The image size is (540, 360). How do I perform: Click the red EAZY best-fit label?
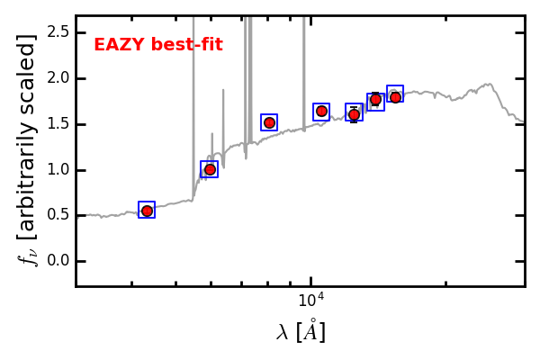(x=158, y=45)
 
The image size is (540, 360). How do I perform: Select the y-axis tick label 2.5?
(x=58, y=32)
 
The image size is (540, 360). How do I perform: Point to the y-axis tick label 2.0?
(x=58, y=78)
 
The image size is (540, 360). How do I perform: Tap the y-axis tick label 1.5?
(x=58, y=124)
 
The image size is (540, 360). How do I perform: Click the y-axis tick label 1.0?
(x=58, y=170)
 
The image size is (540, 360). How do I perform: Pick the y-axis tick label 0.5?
(x=58, y=216)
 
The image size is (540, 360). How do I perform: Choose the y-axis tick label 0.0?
(x=58, y=262)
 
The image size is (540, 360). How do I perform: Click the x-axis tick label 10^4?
(x=310, y=300)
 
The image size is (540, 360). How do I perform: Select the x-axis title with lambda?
(x=301, y=332)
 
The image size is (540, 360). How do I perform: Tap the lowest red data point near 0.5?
(x=147, y=211)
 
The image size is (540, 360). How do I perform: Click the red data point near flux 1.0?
(x=210, y=169)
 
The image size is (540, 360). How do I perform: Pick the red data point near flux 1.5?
(x=269, y=122)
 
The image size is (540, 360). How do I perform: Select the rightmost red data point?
(x=395, y=96)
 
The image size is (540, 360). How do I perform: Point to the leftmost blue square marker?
(x=147, y=210)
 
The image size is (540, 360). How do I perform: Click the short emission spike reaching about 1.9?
(x=223, y=93)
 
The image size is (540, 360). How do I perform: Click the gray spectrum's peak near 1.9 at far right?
(x=490, y=85)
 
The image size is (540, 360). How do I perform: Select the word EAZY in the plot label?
(x=118, y=45)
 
